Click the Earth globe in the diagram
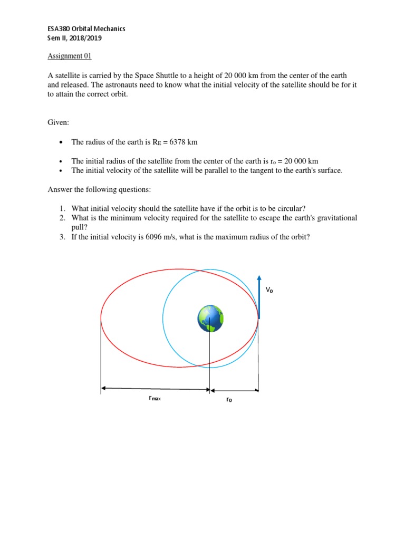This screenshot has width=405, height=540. click(x=210, y=319)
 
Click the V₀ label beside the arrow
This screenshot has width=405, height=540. click(x=269, y=290)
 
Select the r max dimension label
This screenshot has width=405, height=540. click(x=155, y=399)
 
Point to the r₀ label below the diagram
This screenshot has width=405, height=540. click(x=229, y=399)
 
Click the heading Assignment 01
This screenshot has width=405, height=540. click(x=70, y=56)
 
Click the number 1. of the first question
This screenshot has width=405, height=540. click(x=62, y=208)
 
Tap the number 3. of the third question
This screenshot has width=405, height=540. click(x=62, y=237)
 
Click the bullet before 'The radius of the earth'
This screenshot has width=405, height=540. click(x=62, y=142)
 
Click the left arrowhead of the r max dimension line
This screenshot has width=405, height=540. click(x=103, y=388)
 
